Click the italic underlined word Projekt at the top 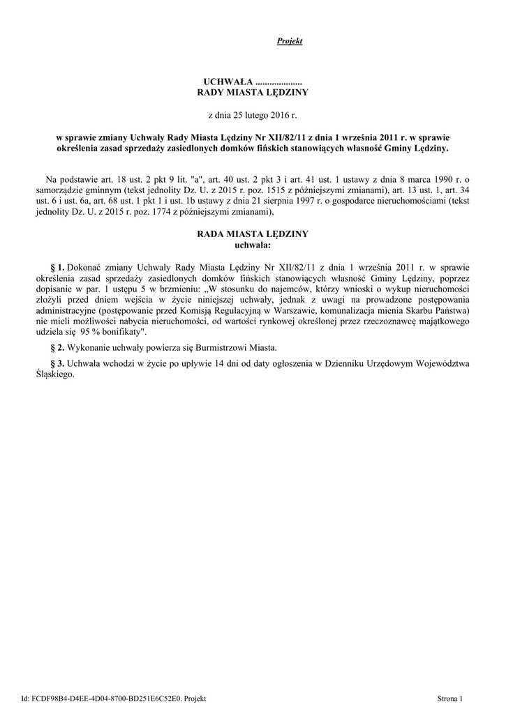[290, 42]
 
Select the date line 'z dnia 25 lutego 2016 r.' [253, 114]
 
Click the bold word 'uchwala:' [253, 245]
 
